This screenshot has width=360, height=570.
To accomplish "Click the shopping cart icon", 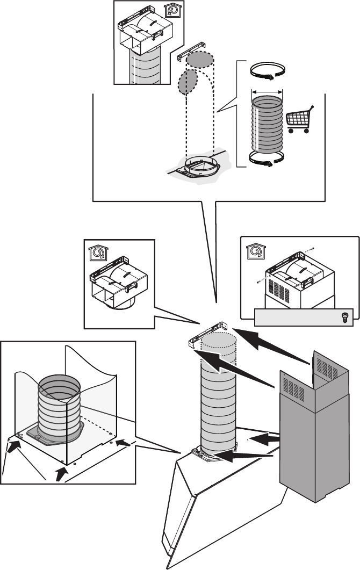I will click(x=299, y=120).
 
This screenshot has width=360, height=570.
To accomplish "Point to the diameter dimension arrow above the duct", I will click(x=267, y=91).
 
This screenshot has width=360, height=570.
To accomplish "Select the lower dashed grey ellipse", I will click(x=187, y=84).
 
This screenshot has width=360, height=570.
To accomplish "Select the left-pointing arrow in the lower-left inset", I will click(x=123, y=443).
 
